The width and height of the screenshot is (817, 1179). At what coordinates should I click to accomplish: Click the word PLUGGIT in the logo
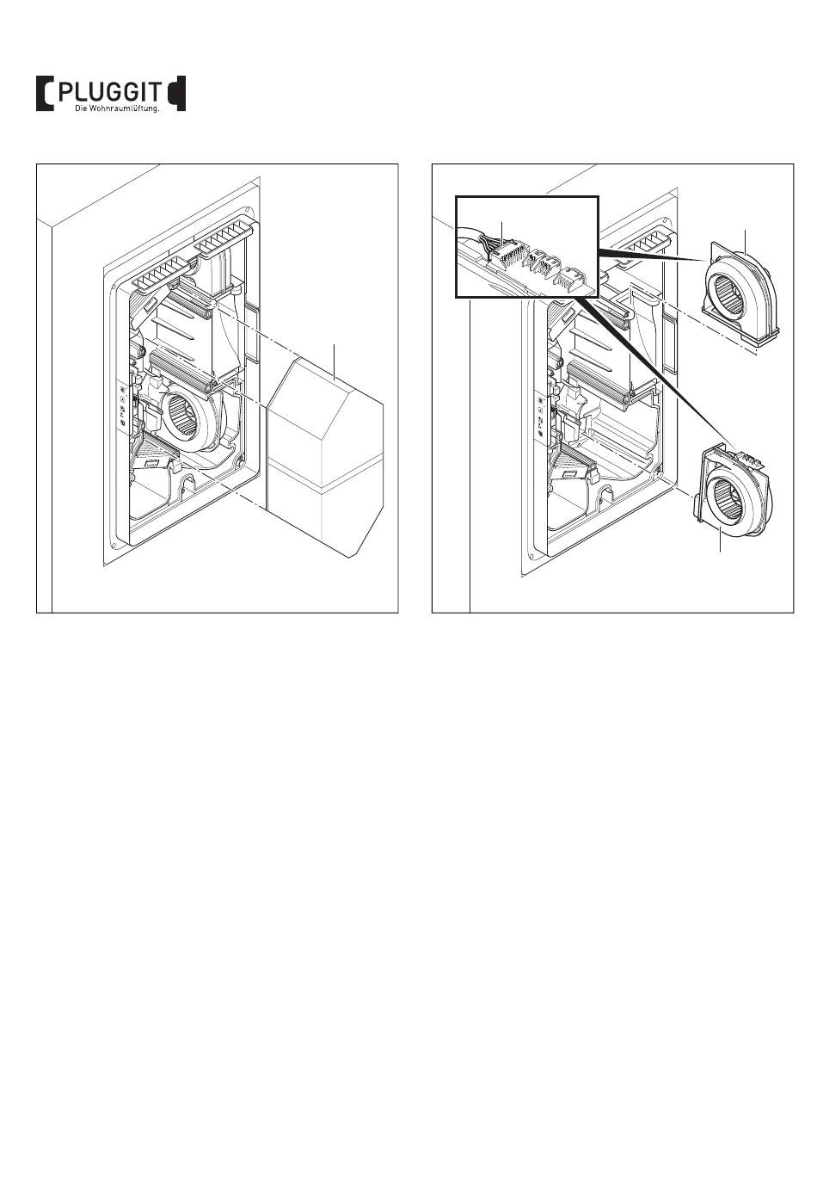(107, 93)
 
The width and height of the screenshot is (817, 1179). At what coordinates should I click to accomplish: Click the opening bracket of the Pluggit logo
(44, 94)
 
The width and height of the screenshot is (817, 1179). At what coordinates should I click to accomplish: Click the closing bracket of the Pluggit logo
(176, 94)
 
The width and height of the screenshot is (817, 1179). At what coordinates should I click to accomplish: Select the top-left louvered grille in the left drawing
(161, 274)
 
